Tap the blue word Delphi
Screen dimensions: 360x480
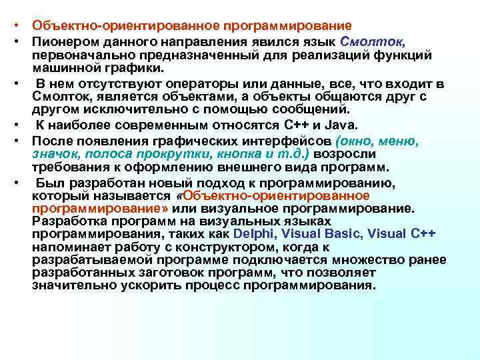click(256, 233)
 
